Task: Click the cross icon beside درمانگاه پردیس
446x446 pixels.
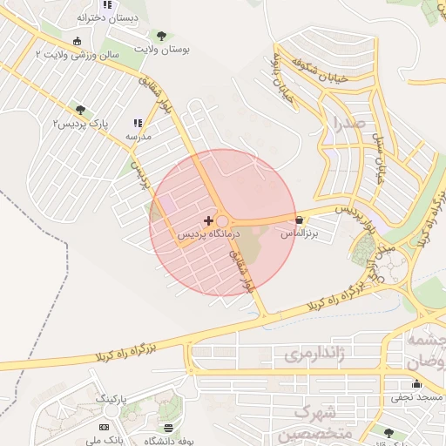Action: click(207, 220)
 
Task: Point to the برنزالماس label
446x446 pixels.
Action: click(300, 233)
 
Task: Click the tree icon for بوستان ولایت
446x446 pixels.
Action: click(160, 36)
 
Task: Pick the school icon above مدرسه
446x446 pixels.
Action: click(138, 124)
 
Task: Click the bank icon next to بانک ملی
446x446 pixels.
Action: click(105, 427)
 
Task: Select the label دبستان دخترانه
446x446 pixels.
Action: click(104, 17)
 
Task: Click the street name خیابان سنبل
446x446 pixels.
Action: click(379, 157)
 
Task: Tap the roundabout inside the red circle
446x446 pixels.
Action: click(222, 222)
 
